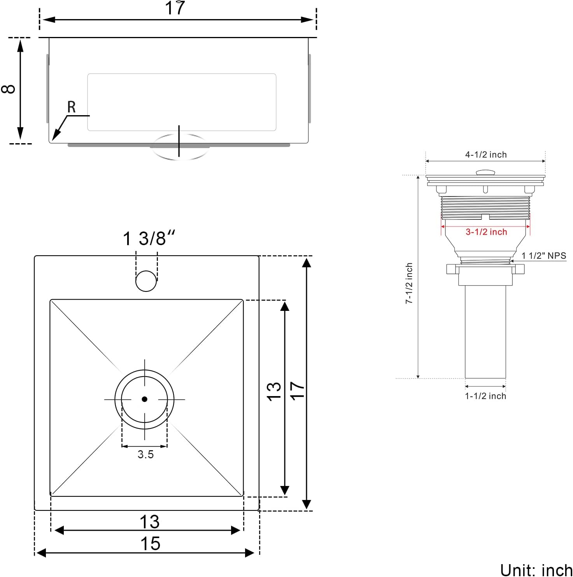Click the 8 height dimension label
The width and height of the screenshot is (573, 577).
click(x=9, y=89)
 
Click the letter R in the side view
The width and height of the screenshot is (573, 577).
click(x=71, y=107)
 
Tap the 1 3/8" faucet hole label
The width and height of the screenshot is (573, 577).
click(x=149, y=238)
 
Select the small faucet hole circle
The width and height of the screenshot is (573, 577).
click(x=146, y=281)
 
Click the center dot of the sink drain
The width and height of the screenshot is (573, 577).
click(x=144, y=399)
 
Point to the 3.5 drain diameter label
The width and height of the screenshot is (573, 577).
click(x=145, y=454)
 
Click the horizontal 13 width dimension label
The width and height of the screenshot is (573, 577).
click(x=149, y=522)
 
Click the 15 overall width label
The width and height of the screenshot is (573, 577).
click(x=150, y=544)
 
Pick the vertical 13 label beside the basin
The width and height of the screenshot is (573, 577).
click(x=274, y=391)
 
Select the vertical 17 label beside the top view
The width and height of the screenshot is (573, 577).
click(x=297, y=390)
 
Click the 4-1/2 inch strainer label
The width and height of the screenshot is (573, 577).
click(x=486, y=155)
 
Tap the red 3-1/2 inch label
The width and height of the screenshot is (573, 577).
click(x=486, y=232)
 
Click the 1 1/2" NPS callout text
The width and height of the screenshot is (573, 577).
click(x=543, y=256)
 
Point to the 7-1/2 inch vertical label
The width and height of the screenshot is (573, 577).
click(x=409, y=283)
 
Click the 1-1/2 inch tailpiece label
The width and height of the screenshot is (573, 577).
click(x=485, y=396)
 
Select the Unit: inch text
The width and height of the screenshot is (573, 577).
click(x=536, y=570)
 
